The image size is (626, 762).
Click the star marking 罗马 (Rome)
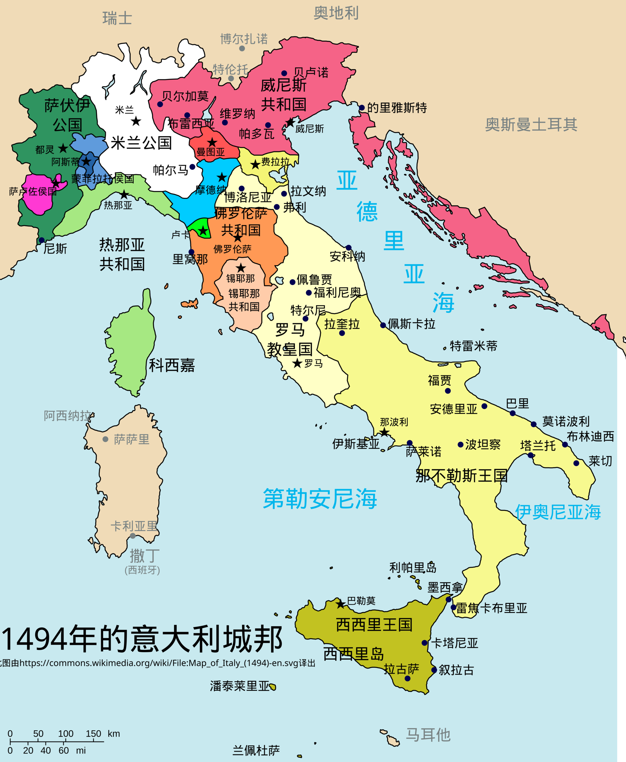coord(297,363)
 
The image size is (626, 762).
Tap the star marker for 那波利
coord(384,432)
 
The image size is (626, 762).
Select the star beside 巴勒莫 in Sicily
coord(340,604)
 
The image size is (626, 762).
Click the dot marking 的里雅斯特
coord(362,108)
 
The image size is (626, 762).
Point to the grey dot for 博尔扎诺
coord(242,48)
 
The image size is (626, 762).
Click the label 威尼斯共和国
coord(283,95)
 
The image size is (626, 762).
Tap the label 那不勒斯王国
coord(462,476)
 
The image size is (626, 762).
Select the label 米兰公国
coord(141,143)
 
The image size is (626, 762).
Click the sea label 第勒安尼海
coord(320,499)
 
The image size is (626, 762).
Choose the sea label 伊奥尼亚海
coord(557,512)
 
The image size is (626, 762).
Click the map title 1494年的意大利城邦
coord(142,639)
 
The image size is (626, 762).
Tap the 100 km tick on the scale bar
coord(65,741)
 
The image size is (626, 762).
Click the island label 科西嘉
coord(172,365)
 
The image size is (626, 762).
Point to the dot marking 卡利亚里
coord(133,536)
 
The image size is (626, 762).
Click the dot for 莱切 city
coord(576,463)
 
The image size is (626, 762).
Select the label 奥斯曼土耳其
coord(531,125)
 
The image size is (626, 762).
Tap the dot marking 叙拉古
coord(434,670)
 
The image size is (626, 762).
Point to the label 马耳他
coord(428,735)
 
